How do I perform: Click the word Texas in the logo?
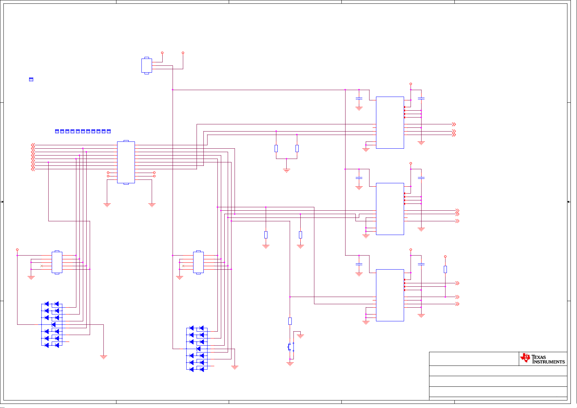click(x=539, y=357)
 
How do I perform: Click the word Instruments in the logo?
click(x=549, y=362)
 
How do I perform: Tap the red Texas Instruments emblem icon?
click(x=525, y=358)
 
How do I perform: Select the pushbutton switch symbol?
click(x=291, y=347)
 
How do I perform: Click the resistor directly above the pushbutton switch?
click(x=290, y=321)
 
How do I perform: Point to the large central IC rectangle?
click(x=126, y=162)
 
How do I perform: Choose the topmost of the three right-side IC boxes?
click(x=390, y=123)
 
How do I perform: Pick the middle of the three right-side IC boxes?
click(x=390, y=209)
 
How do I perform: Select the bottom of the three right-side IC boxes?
click(x=390, y=295)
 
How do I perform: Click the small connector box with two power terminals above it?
click(x=147, y=66)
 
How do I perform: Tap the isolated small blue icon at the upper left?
click(x=31, y=79)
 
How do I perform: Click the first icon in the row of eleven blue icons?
click(x=57, y=132)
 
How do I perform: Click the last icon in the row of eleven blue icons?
click(x=109, y=132)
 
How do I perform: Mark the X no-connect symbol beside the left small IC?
click(x=41, y=266)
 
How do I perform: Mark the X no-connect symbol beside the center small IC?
click(x=183, y=266)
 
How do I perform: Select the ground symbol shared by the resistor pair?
click(x=286, y=171)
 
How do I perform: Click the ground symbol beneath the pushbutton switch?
click(x=290, y=364)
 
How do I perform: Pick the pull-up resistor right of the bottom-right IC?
click(x=446, y=269)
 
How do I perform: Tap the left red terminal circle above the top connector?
click(x=162, y=53)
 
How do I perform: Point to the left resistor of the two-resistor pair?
click(x=276, y=148)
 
